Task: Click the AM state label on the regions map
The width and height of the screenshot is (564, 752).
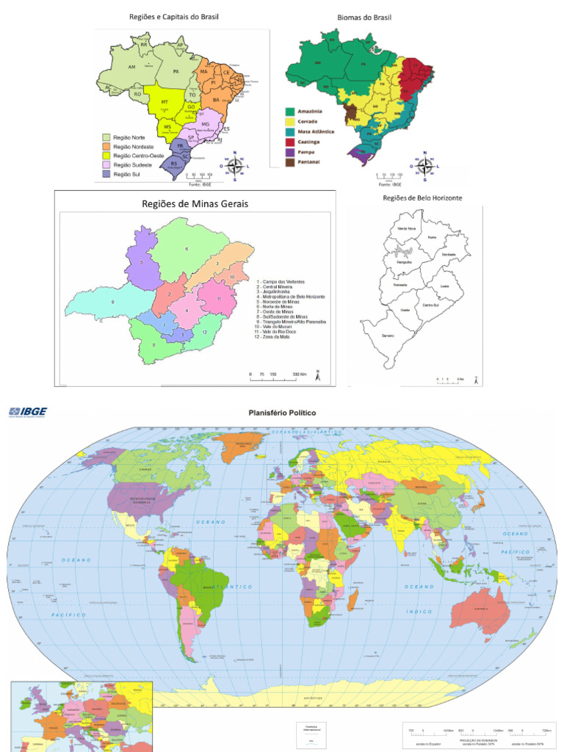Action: [x=132, y=68]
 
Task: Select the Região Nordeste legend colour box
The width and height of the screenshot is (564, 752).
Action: [x=106, y=146]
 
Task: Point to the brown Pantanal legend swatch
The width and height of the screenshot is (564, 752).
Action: [x=290, y=159]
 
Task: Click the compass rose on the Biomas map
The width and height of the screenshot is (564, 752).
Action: [x=424, y=165]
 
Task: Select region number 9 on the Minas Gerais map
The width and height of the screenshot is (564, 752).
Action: [x=113, y=302]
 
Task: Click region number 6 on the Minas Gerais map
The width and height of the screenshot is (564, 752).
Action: [x=187, y=250]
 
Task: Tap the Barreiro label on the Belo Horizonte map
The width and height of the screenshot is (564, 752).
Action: [x=388, y=335]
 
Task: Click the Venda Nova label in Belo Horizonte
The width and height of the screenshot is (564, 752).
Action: [x=406, y=228]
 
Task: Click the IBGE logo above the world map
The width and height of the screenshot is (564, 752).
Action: [x=27, y=413]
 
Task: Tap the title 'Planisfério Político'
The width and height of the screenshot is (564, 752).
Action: [x=282, y=413]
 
